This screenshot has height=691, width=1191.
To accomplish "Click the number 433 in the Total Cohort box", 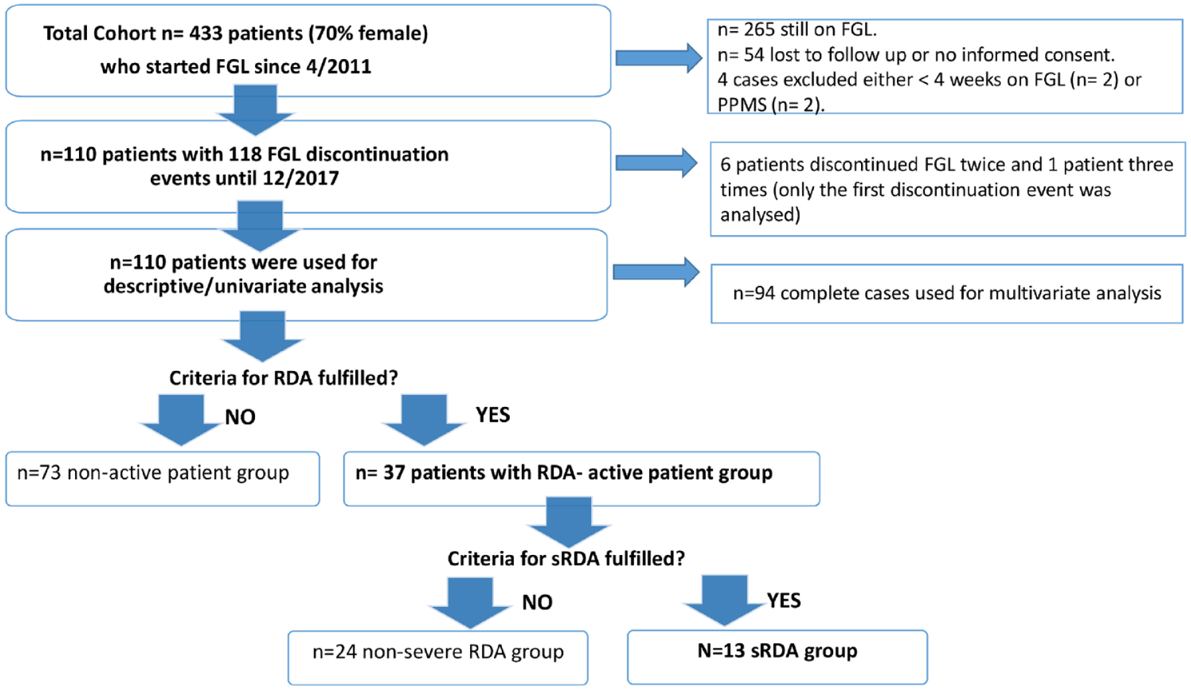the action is [x=205, y=33].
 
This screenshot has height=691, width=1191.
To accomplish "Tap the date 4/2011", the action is [x=337, y=66].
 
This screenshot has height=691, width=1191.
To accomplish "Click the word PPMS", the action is [x=742, y=104].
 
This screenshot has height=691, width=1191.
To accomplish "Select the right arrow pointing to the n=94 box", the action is [x=656, y=272].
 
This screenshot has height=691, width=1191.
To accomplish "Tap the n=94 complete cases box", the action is [x=947, y=293].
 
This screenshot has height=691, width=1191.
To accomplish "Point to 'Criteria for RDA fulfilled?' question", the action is [x=283, y=378].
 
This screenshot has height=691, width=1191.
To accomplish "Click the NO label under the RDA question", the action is [x=240, y=417].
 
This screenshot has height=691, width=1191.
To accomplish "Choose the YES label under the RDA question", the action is [x=493, y=415].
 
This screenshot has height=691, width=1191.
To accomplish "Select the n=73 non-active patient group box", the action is [x=163, y=479].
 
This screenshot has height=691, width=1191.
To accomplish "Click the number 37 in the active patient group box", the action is [x=394, y=473].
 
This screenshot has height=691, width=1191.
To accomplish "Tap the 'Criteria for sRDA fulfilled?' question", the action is [x=566, y=559].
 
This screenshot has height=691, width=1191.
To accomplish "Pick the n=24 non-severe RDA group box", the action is [x=437, y=658].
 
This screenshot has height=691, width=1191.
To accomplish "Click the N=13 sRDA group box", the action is [x=777, y=657].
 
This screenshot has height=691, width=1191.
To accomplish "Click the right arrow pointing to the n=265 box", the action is [x=659, y=58].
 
